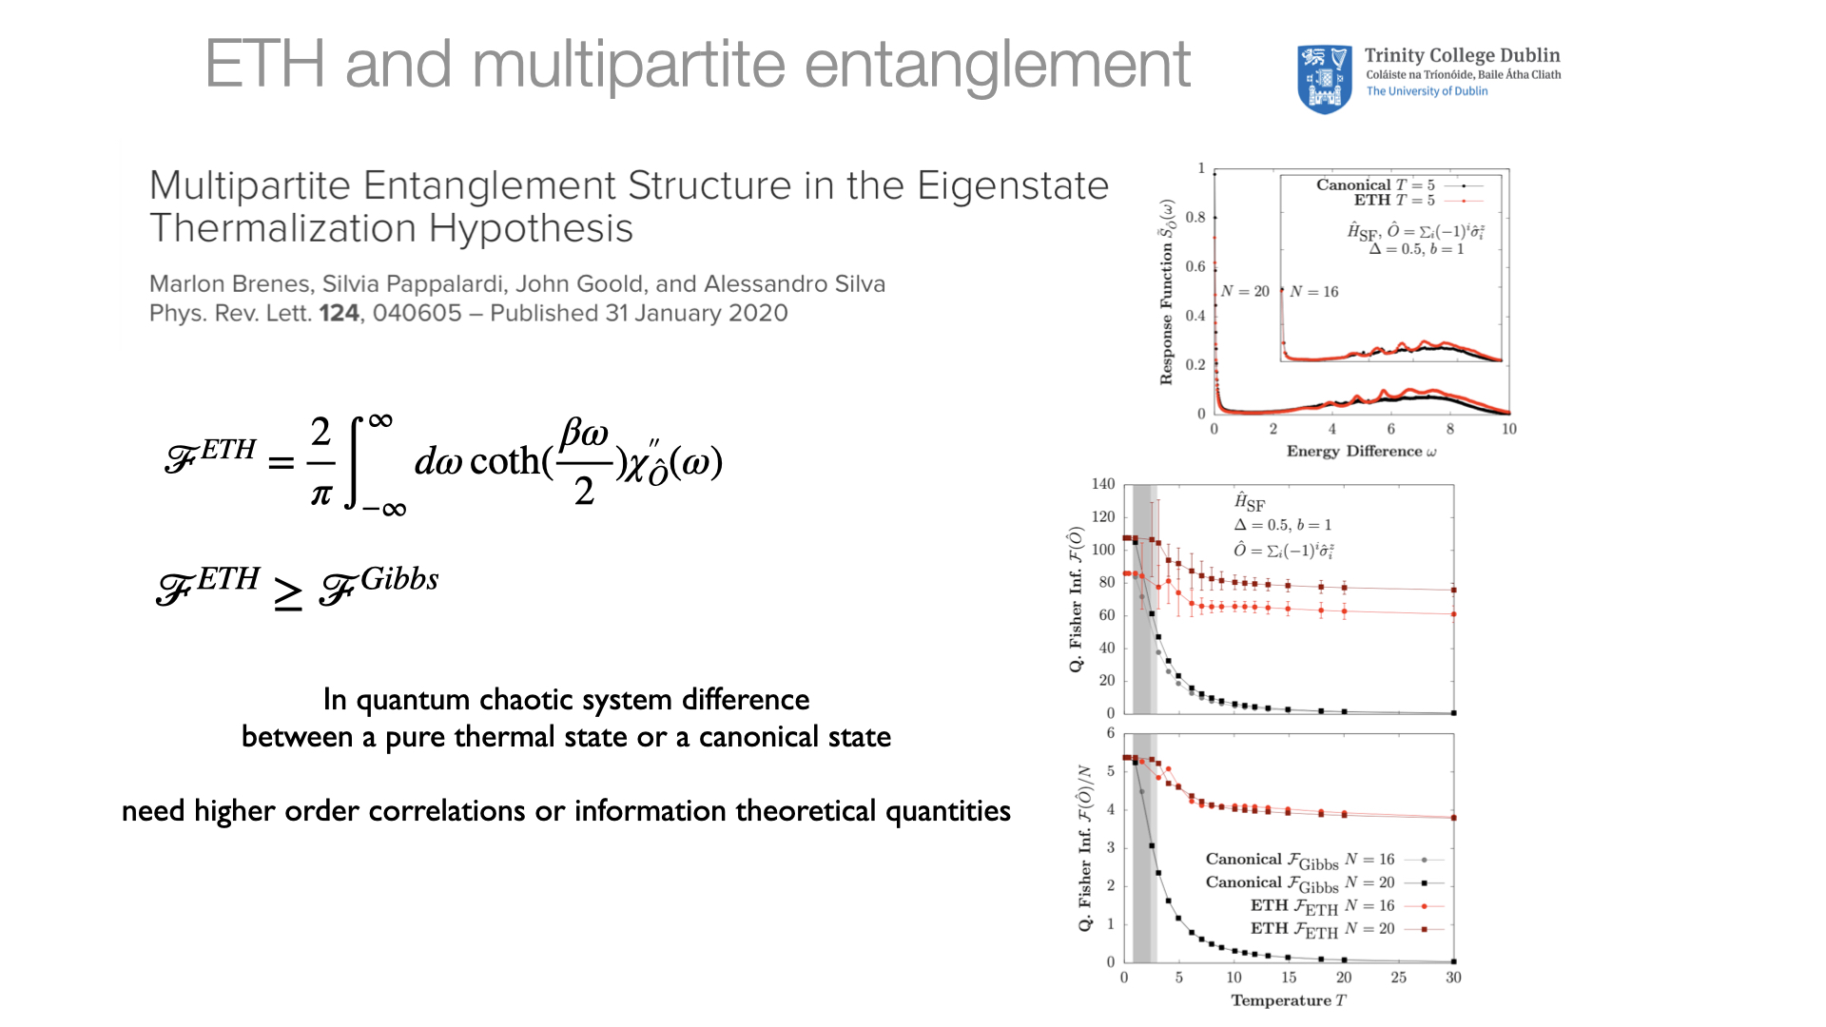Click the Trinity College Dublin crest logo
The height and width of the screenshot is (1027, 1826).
point(1324,79)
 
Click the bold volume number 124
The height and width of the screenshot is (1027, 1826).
point(339,314)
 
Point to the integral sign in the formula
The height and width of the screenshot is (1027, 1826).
point(359,462)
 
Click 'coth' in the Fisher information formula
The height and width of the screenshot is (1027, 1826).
point(504,462)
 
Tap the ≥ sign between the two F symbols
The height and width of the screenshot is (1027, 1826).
point(288,593)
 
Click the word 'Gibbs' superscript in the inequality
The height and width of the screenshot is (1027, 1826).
point(399,579)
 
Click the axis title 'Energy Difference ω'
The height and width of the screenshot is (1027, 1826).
point(1361,452)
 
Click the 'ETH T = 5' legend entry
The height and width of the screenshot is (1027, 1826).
point(1394,201)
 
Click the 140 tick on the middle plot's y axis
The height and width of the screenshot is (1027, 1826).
point(1103,484)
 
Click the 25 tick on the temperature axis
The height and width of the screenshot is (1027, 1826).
point(1398,978)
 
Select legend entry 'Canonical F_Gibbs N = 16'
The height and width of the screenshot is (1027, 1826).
point(1299,861)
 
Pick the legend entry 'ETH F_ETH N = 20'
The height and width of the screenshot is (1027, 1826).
point(1322,929)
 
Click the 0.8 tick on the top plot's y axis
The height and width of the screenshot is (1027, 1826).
point(1195,218)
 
